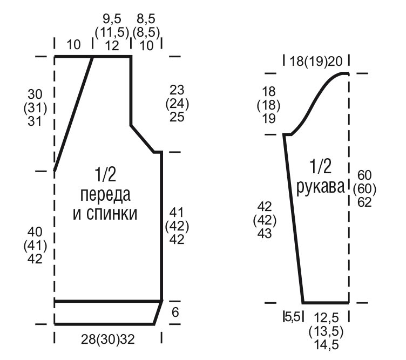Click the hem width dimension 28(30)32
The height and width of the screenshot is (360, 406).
108,339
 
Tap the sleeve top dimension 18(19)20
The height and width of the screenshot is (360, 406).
316,62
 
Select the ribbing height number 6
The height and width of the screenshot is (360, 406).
175,313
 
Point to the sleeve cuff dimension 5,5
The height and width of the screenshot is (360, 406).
293,317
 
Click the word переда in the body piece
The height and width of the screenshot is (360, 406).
105,195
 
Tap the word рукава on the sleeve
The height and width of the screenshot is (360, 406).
320,187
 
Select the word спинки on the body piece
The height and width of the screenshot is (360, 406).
112,214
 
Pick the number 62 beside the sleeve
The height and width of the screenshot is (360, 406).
364,202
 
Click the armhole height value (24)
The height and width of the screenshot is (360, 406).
177,104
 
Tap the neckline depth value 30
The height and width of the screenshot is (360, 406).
35,94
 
